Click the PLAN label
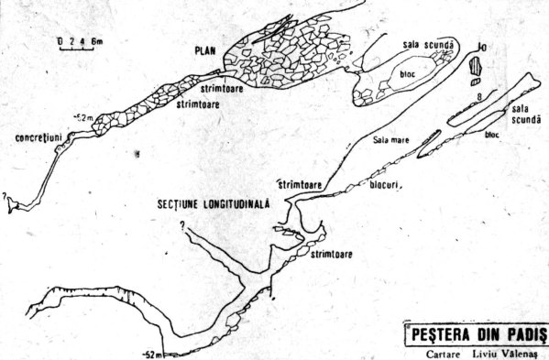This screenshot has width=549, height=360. click(x=204, y=51)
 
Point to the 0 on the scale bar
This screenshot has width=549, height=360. click(x=59, y=40)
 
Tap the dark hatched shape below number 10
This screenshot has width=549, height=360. click(x=476, y=66)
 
